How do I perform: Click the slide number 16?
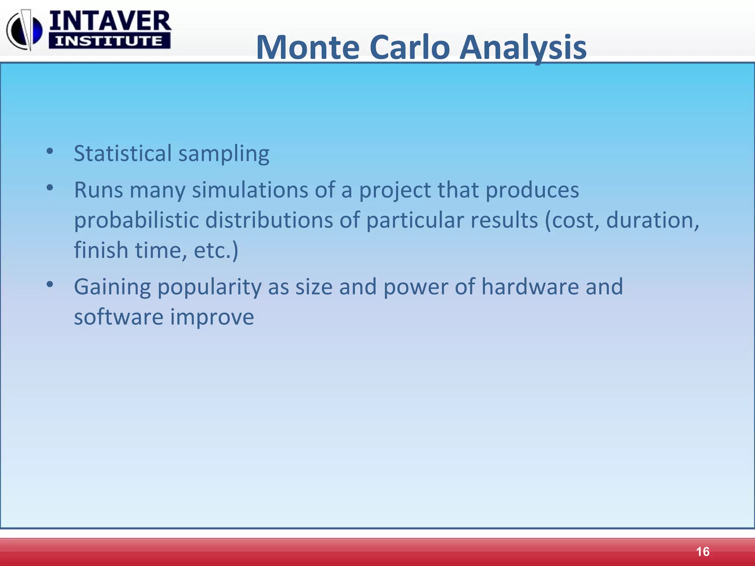[703, 552]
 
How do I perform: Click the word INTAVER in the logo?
[110, 21]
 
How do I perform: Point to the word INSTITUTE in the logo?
[109, 41]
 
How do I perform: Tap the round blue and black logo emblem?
[24, 30]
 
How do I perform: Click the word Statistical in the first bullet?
[123, 153]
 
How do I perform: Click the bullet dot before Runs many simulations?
[50, 188]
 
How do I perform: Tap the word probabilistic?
[136, 220]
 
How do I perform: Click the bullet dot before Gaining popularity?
[50, 284]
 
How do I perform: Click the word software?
[119, 317]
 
